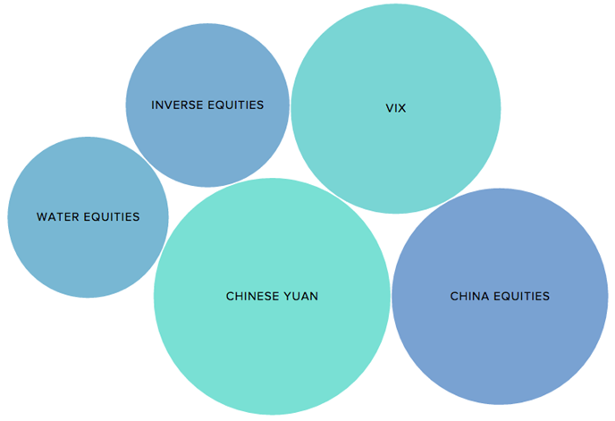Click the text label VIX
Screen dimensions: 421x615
coord(396,108)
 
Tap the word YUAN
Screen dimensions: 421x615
coord(301,296)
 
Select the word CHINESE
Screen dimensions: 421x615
coord(252,296)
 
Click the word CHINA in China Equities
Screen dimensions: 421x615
coord(469,296)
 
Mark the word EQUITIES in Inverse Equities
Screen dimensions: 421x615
coord(237,105)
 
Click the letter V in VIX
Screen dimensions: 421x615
coord(389,108)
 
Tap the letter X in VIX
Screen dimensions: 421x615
coord(402,108)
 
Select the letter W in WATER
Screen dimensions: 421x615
coord(41,216)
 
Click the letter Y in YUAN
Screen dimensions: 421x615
coord(287,296)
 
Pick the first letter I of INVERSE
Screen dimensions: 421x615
coord(153,105)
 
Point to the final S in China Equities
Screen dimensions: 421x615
coord(546,296)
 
